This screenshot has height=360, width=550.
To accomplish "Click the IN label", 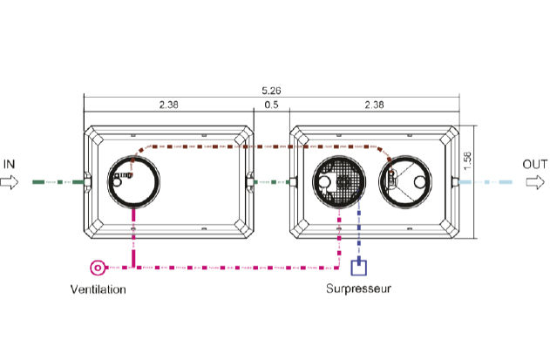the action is pyautogui.click(x=9, y=164).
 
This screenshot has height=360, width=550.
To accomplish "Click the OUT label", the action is pyautogui.click(x=535, y=164).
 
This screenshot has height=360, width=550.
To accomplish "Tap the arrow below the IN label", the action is pyautogui.click(x=9, y=182).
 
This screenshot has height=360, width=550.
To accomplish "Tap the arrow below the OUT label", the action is pyautogui.click(x=535, y=182).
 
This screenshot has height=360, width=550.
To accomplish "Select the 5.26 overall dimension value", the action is pyautogui.click(x=271, y=91).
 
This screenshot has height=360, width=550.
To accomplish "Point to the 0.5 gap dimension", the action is pyautogui.click(x=271, y=105).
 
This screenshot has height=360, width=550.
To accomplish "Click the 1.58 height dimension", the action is pyautogui.click(x=467, y=161).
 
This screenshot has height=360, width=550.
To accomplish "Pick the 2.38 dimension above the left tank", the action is pyautogui.click(x=169, y=105).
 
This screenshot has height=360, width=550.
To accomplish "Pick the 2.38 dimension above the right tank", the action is pyautogui.click(x=374, y=105).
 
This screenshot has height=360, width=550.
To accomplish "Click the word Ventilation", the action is pyautogui.click(x=98, y=289).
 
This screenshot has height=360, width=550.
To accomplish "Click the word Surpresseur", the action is pyautogui.click(x=358, y=289).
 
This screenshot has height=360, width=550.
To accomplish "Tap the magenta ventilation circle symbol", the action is pyautogui.click(x=98, y=268).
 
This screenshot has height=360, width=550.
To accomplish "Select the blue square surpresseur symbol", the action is pyautogui.click(x=359, y=268).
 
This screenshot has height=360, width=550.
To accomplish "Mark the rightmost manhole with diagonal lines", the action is pyautogui.click(x=405, y=157).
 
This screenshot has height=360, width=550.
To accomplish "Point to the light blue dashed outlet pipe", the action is pyautogui.click(x=485, y=182).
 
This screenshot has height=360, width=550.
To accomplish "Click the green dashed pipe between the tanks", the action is pyautogui.click(x=272, y=182).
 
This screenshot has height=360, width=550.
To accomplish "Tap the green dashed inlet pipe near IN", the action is pyautogui.click(x=58, y=182).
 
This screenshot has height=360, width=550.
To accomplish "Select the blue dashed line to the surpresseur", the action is pyautogui.click(x=358, y=228).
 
